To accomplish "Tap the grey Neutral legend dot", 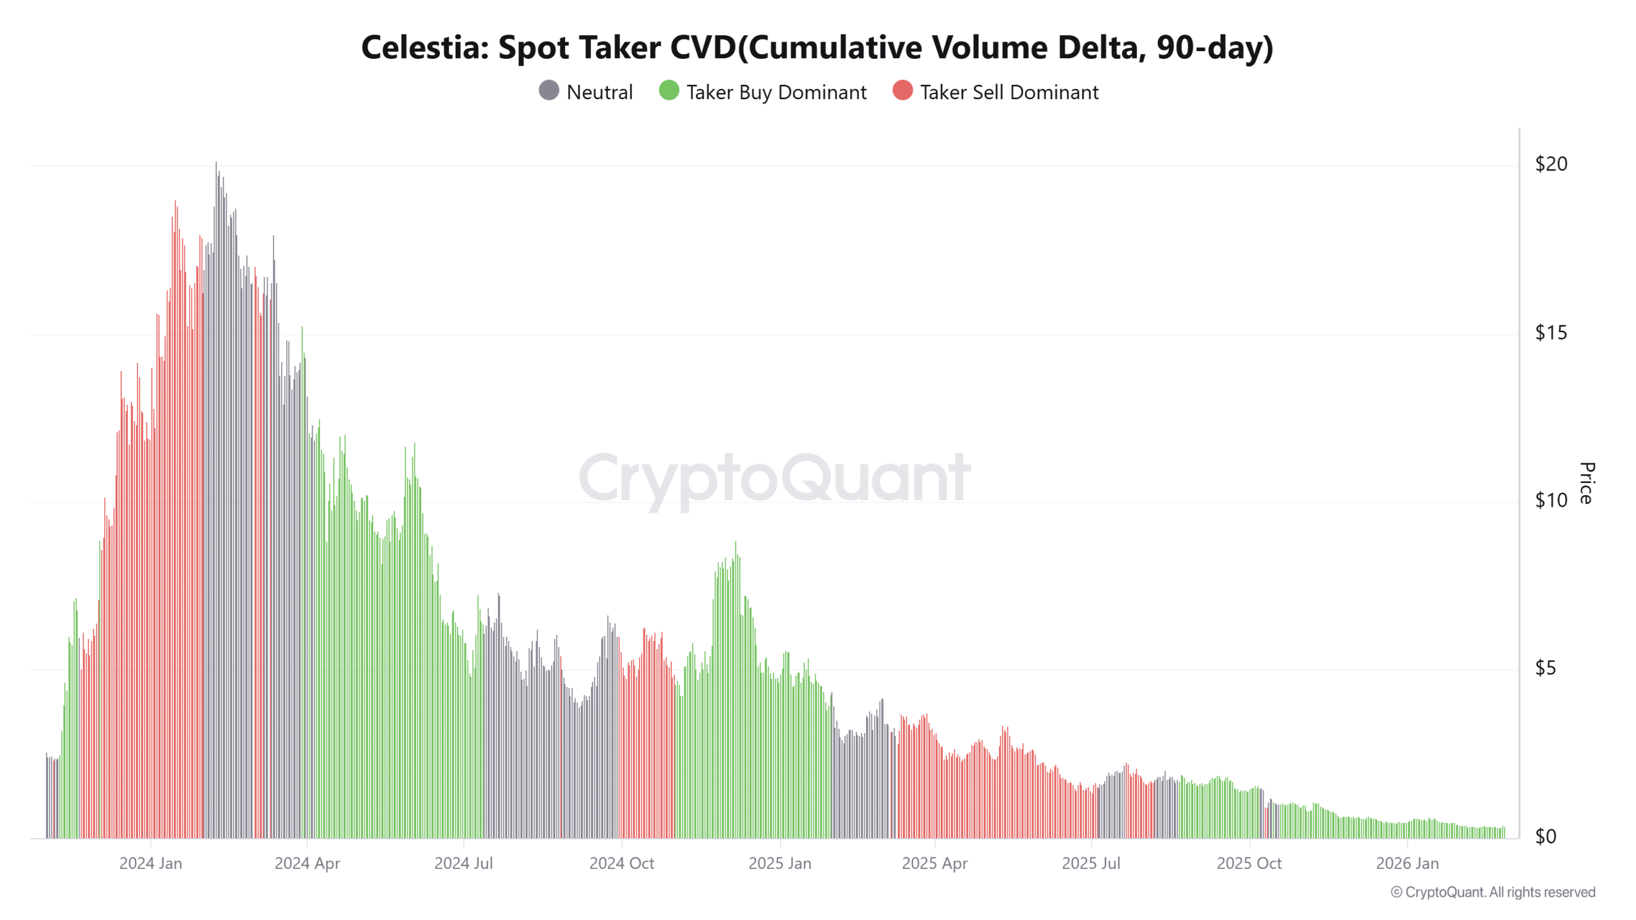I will (x=548, y=91).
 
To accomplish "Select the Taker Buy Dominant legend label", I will (x=776, y=93).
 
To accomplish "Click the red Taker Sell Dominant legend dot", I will (x=902, y=91).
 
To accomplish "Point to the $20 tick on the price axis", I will (x=1550, y=164).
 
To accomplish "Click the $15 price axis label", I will (x=1550, y=333).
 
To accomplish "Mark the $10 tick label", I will (x=1550, y=500).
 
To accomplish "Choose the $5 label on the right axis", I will (x=1545, y=668).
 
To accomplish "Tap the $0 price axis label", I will (x=1545, y=836).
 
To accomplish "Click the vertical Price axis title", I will (x=1586, y=483).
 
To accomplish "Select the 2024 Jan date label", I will (x=151, y=863).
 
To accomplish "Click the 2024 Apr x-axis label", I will (x=307, y=863).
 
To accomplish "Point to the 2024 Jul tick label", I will (x=463, y=863).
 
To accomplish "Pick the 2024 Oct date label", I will (x=621, y=863).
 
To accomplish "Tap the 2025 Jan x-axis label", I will (x=780, y=863).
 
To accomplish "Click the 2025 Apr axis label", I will (x=934, y=863).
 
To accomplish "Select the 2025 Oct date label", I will (x=1249, y=863).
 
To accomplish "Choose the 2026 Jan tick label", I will (x=1407, y=863).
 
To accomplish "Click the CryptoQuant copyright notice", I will (x=1492, y=892).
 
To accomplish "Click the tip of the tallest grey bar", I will (x=216, y=164).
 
